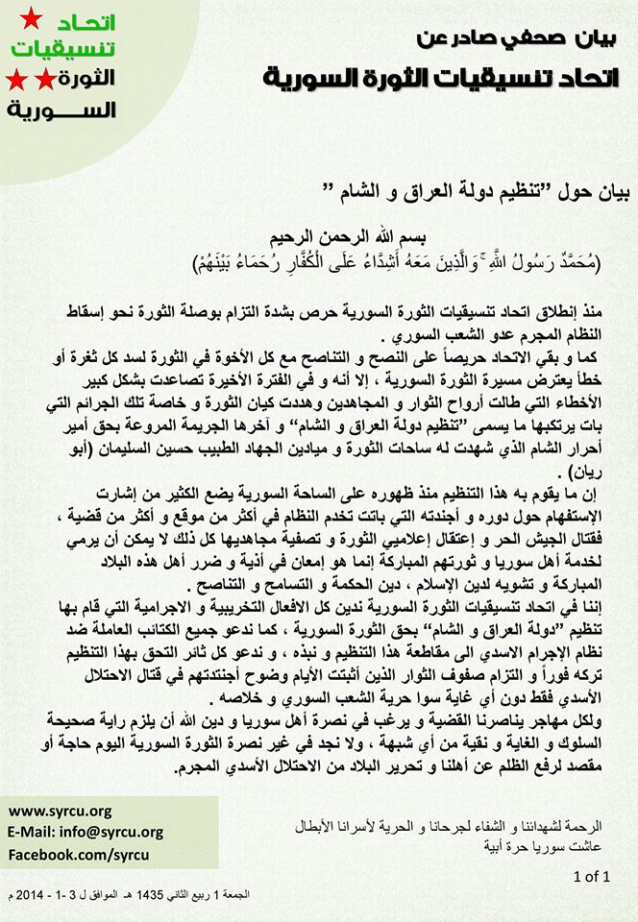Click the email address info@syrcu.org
tap(85, 832)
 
